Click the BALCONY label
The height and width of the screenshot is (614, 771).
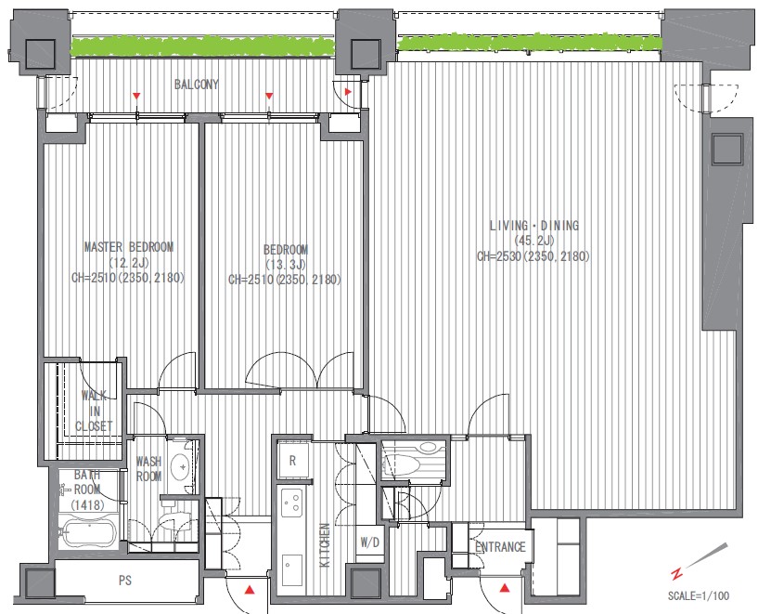click(196, 85)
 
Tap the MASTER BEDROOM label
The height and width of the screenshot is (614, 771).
click(129, 247)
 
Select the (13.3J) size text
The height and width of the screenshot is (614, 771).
click(285, 265)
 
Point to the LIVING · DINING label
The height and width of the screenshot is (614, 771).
click(534, 226)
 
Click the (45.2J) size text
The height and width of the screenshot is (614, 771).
click(534, 241)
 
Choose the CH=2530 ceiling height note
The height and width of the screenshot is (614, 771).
click(533, 256)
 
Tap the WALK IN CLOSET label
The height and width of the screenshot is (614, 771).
click(94, 411)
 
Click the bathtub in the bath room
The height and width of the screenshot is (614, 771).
click(87, 531)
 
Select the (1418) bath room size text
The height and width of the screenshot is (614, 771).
click(87, 504)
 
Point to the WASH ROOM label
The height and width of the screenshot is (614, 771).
click(148, 469)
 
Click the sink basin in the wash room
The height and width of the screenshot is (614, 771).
click(181, 465)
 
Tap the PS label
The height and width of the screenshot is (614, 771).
click(125, 581)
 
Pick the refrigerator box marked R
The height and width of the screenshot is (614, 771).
click(293, 461)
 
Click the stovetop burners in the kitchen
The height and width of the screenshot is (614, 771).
click(291, 503)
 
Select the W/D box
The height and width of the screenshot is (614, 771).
click(370, 542)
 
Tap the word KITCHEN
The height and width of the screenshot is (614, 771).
click(325, 545)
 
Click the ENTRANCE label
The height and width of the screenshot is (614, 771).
click(501, 547)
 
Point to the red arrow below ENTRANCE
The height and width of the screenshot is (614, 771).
click(505, 587)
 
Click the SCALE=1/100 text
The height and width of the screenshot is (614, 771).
click(699, 595)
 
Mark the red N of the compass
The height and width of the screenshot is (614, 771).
click(677, 574)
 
